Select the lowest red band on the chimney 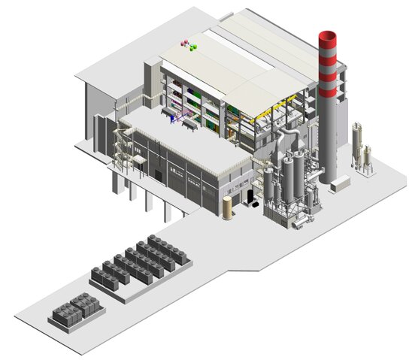pyautogui.click(x=328, y=91)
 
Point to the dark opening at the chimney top pyautogui.click(x=328, y=33)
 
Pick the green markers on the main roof pyautogui.click(x=194, y=47)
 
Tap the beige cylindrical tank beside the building pyautogui.click(x=227, y=207)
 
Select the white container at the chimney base pyautogui.click(x=340, y=183)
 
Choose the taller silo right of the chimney pyautogui.click(x=356, y=142)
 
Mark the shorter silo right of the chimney pyautogui.click(x=367, y=157)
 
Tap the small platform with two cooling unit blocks pyautogui.click(x=76, y=310)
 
